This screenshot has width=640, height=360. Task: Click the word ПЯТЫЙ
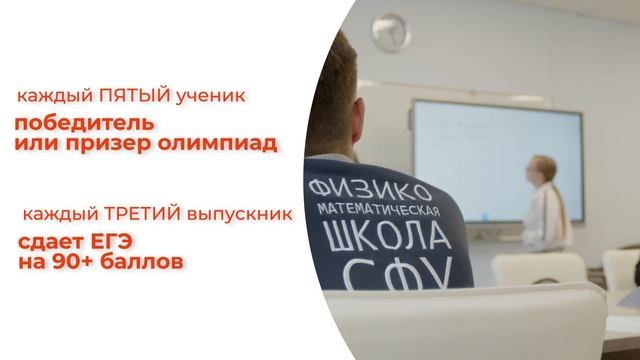click(130, 97)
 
